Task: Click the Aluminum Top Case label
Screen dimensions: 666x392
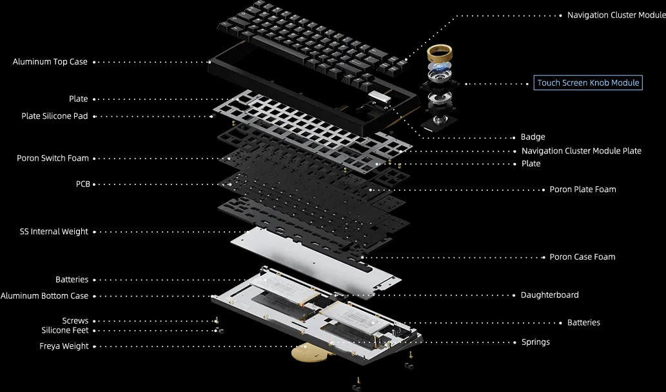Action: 50,62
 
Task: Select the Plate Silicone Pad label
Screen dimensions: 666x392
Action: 54,116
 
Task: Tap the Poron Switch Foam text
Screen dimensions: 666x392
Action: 53,158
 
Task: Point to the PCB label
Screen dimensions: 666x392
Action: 83,184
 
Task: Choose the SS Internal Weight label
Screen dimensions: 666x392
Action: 54,231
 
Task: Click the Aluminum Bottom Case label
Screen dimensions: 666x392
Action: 44,295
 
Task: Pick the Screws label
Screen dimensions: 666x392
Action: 75,320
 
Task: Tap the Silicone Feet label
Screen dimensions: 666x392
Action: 65,330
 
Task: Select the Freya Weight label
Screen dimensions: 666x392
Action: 64,346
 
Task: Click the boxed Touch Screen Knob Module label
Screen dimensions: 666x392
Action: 588,83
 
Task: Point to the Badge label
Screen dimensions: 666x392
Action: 533,137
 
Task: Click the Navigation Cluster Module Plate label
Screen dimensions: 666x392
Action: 581,151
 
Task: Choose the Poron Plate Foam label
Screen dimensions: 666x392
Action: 583,190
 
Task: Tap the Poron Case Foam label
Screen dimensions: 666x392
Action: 582,257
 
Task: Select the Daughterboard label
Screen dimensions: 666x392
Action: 549,295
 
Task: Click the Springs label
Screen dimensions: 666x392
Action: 536,342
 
